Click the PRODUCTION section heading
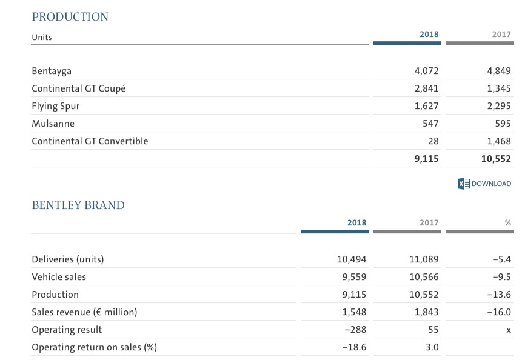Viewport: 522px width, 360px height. pyautogui.click(x=70, y=17)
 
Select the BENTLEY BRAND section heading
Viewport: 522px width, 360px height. pyautogui.click(x=78, y=205)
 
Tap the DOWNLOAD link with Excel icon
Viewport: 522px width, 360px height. pyautogui.click(x=484, y=184)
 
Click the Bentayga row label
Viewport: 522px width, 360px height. pyautogui.click(x=52, y=71)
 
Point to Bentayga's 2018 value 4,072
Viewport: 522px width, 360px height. pyautogui.click(x=426, y=71)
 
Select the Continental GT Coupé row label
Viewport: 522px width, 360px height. pyautogui.click(x=79, y=88)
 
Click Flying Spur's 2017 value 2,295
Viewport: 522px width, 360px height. pyautogui.click(x=498, y=106)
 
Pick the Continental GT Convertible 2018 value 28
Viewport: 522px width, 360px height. pyautogui.click(x=432, y=141)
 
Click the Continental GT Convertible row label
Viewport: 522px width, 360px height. pyautogui.click(x=90, y=141)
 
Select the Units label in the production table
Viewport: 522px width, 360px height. pyautogui.click(x=42, y=38)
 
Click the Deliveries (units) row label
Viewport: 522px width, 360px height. pyautogui.click(x=68, y=259)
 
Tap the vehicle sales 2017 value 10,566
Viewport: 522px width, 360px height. pyautogui.click(x=424, y=277)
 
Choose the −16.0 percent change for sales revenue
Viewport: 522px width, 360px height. pyautogui.click(x=499, y=312)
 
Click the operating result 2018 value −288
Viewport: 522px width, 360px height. pyautogui.click(x=356, y=330)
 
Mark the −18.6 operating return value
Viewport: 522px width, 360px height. pyautogui.click(x=355, y=347)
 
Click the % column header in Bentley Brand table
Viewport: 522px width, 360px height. pyautogui.click(x=507, y=223)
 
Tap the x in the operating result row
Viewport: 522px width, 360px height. pyautogui.click(x=508, y=330)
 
